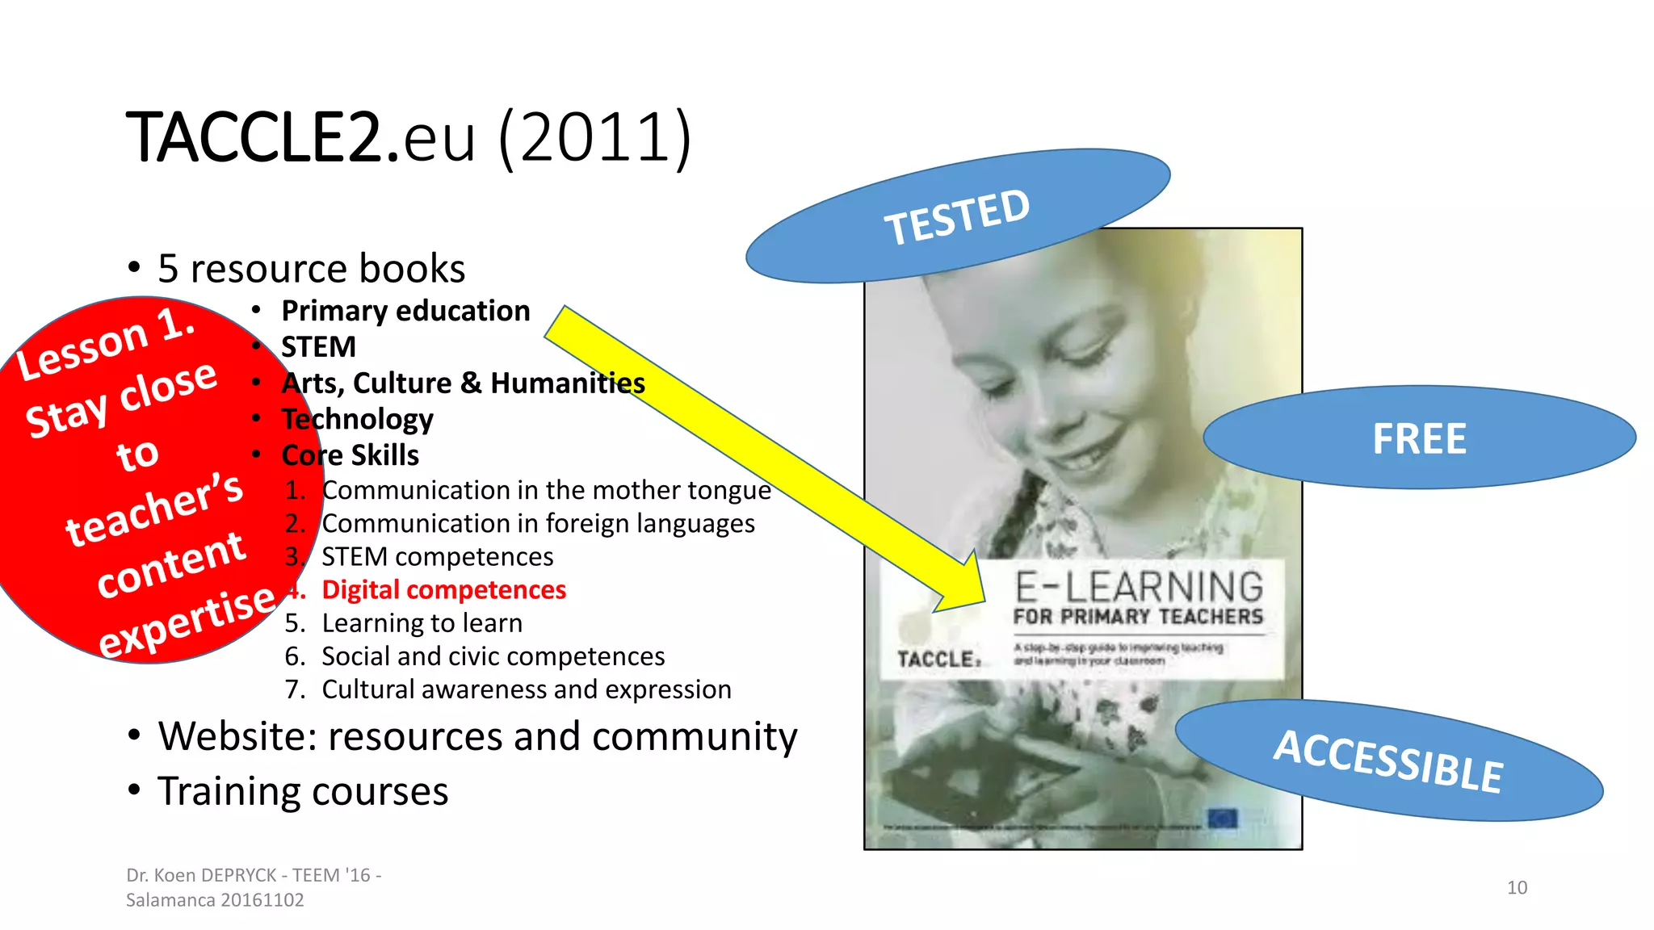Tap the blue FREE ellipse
point(1419,438)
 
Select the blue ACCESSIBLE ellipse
point(1388,760)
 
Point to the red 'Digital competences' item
point(443,590)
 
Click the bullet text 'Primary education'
point(405,311)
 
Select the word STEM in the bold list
point(318,347)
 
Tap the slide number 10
point(1517,887)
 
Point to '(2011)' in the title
point(595,137)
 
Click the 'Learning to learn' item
point(422,623)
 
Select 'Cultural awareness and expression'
point(526,689)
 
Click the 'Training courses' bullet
point(303,791)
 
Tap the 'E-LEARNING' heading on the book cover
point(1139,587)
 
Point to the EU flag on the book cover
point(1222,819)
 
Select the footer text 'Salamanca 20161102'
point(215,900)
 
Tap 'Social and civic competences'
point(493,656)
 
